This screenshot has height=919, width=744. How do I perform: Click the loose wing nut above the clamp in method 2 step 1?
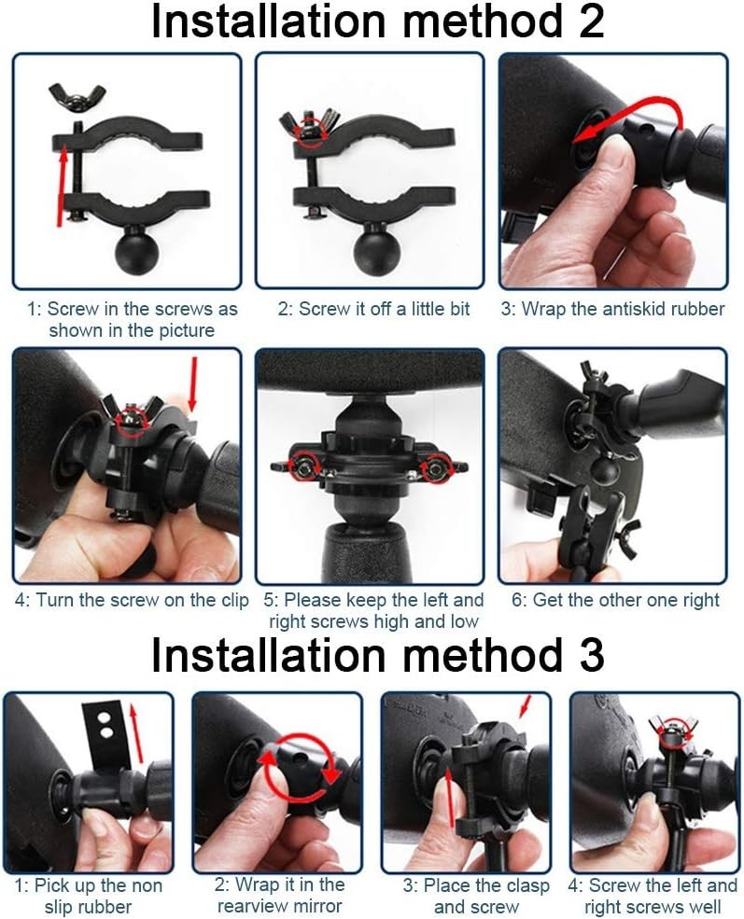coord(77,94)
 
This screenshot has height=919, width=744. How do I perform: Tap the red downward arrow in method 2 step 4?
coord(192,383)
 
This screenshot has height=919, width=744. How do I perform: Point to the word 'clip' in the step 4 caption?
coord(232,600)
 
